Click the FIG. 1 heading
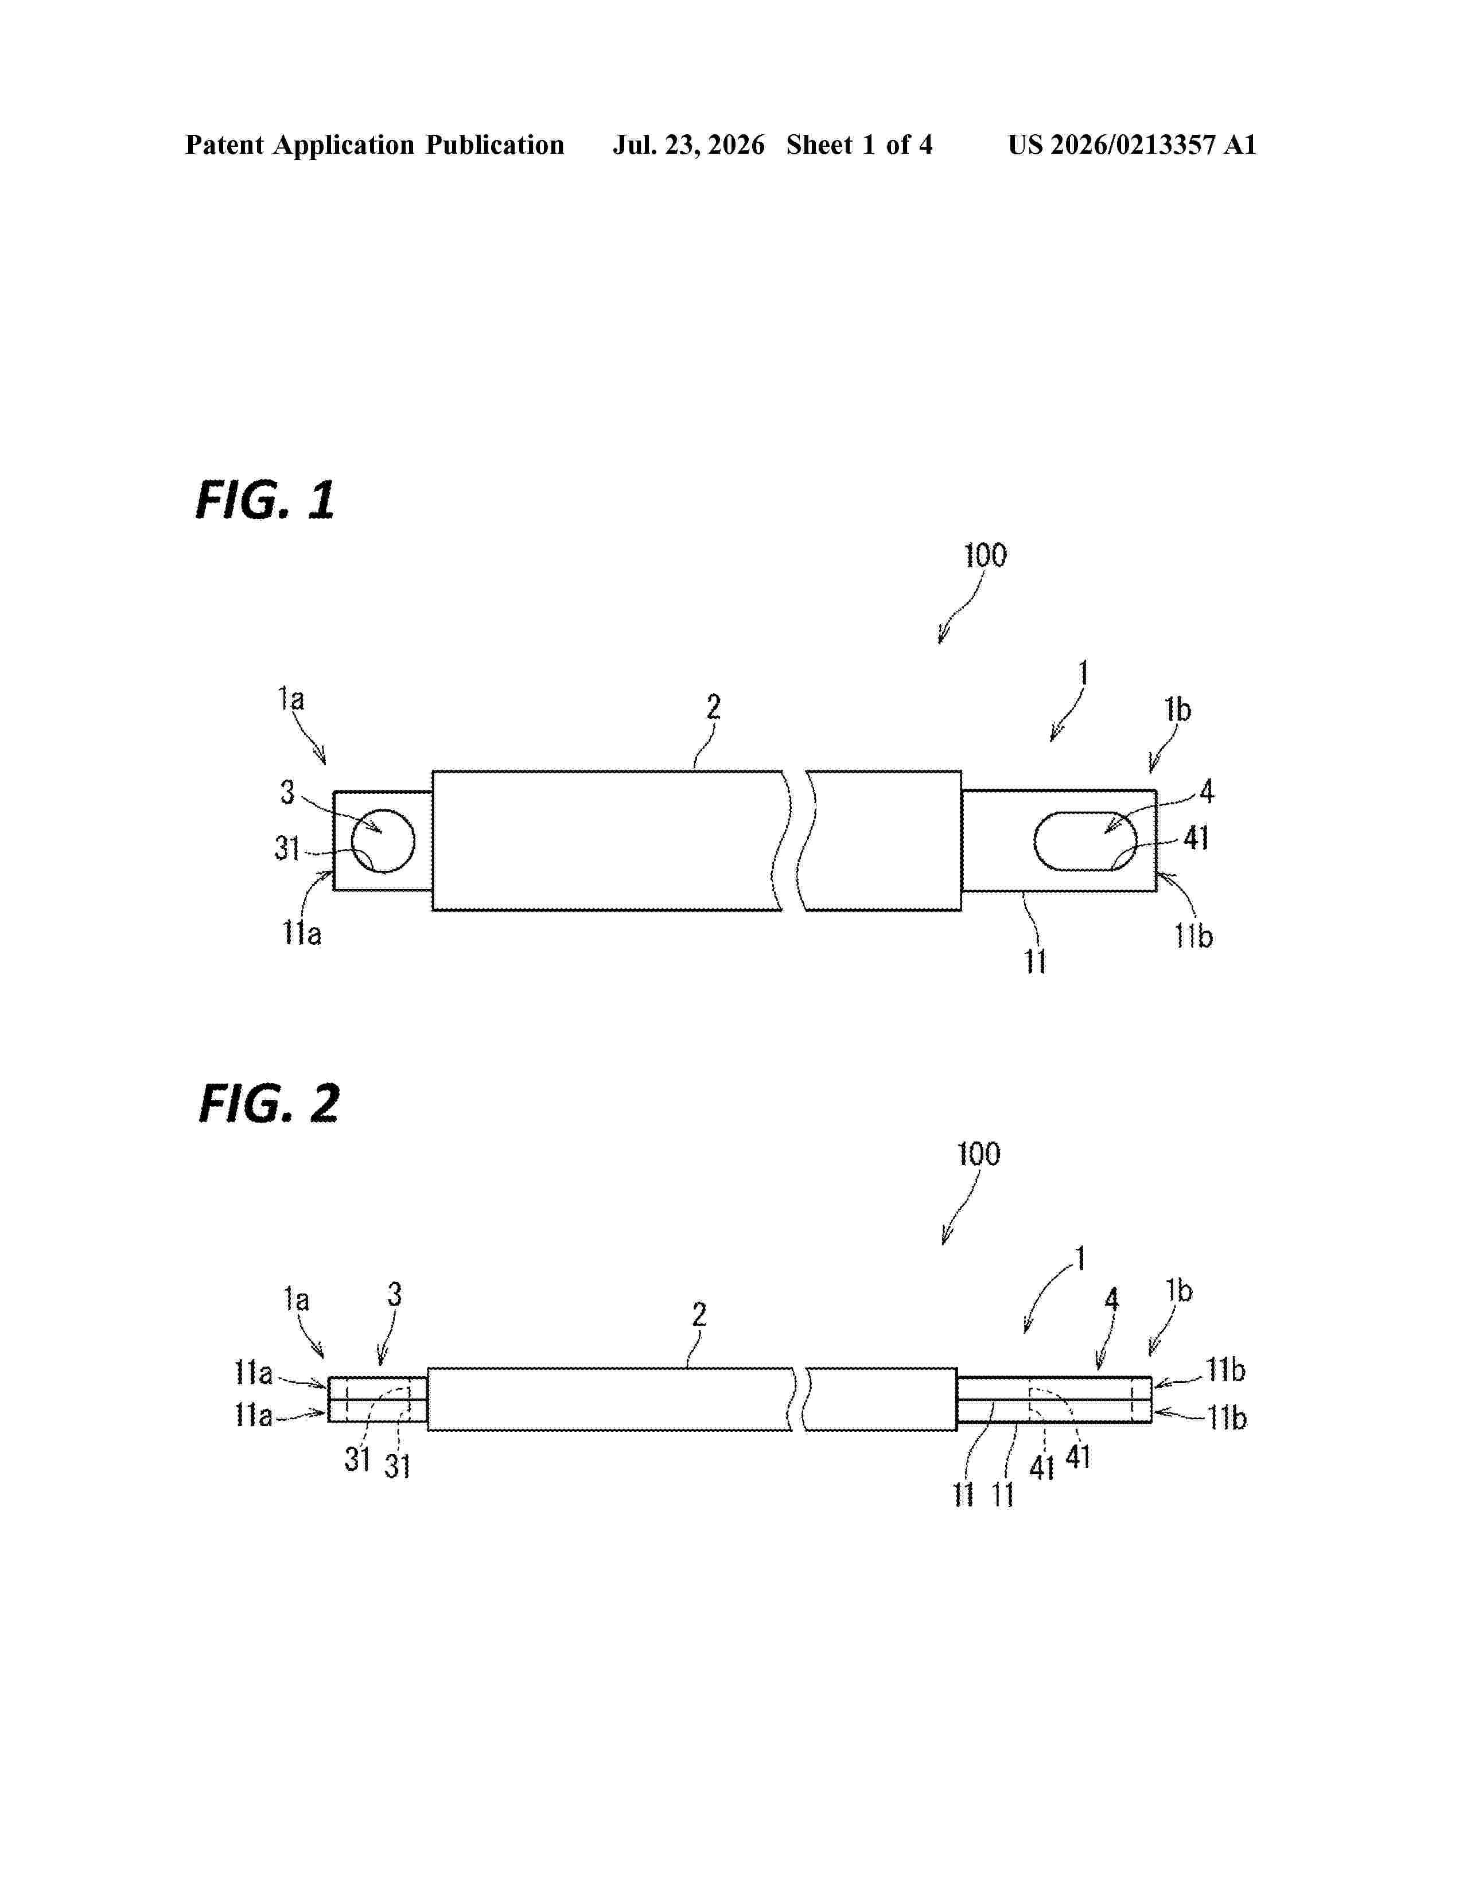point(265,500)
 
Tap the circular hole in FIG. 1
point(383,841)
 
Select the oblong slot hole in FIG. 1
point(1085,841)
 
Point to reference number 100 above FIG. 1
point(986,556)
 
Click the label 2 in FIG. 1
point(713,707)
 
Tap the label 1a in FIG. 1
point(291,699)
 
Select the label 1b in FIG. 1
point(1178,710)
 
